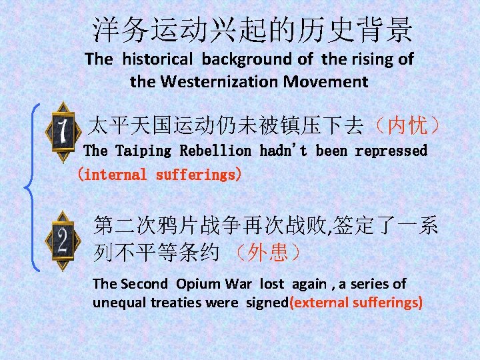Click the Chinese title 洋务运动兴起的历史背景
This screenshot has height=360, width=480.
[x=253, y=29]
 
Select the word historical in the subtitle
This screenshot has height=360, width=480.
[x=158, y=59]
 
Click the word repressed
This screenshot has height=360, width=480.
[x=391, y=151]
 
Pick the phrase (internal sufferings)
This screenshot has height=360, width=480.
[x=160, y=175]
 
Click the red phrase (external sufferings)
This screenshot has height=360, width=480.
[x=356, y=302]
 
